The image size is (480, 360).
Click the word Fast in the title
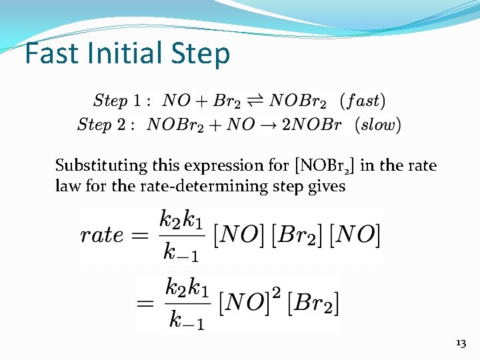point(55,54)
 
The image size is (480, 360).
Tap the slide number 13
point(460,343)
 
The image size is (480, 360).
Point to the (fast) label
point(362,101)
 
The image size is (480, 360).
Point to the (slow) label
point(378,125)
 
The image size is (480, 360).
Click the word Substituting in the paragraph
point(101,165)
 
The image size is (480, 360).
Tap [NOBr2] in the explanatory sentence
point(324,165)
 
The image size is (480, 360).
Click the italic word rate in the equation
point(102,235)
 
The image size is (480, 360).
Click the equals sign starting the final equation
point(147,303)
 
